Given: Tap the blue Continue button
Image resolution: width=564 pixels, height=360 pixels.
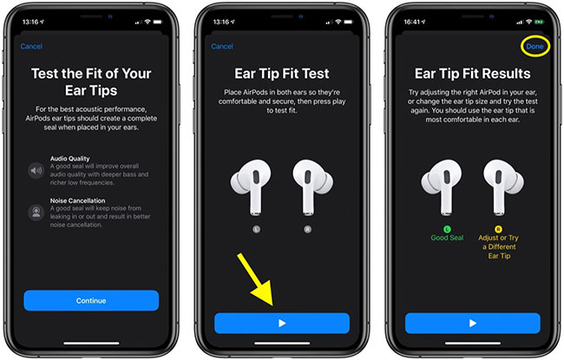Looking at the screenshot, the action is pos(91,301).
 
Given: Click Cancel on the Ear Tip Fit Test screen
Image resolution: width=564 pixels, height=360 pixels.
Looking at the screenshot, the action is pos(222,46).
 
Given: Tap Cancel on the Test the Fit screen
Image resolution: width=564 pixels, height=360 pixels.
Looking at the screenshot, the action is pos(31,46).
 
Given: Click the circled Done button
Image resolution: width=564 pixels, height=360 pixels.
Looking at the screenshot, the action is pos(534,46).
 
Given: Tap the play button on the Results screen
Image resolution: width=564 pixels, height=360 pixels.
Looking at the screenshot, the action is pos(473,324).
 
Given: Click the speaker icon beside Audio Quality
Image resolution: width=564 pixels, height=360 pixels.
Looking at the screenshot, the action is pos(36,170).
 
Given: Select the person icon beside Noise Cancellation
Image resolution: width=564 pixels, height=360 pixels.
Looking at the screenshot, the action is pos(36,212).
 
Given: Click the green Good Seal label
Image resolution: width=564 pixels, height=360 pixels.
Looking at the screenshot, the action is pos(447,238).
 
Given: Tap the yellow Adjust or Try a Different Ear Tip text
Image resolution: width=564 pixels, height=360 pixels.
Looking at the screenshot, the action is pos(499,246).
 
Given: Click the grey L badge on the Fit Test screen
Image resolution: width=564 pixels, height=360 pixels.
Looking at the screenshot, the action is pos(256,229).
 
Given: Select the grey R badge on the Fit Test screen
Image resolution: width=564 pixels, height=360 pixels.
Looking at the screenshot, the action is pos(307,229).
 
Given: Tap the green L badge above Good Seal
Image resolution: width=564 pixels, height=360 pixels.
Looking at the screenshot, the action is pos(447,229).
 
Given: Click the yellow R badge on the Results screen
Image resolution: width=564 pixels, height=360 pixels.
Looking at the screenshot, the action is pos(498,229).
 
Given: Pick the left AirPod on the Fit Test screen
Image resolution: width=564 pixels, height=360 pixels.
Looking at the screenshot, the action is pos(252,187).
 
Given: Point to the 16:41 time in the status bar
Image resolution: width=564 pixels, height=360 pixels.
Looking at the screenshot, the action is pos(412,22).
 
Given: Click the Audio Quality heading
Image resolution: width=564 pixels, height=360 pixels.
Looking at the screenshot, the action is pos(69,158).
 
